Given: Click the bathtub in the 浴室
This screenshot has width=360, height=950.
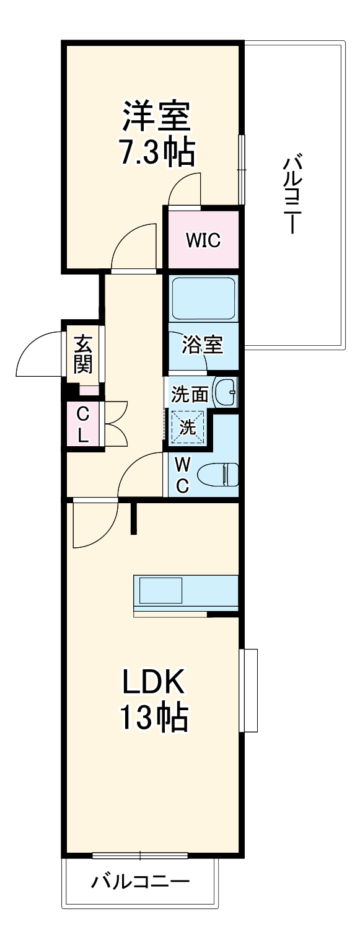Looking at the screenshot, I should pos(203,299).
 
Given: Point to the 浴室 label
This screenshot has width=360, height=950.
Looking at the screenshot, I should pos(203,345).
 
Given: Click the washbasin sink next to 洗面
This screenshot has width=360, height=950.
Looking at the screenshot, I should pos(224,392).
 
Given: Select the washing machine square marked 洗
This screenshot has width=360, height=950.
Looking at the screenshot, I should pos(188,426).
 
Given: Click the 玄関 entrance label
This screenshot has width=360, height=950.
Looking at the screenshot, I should pos(83,354).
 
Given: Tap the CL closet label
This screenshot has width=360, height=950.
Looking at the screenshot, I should pos(82,425).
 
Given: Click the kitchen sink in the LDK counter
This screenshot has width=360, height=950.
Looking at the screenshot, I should pos(160,590).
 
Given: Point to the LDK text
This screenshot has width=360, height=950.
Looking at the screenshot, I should pos(153,683).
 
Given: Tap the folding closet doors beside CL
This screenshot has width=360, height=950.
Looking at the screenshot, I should pos(116,424).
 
